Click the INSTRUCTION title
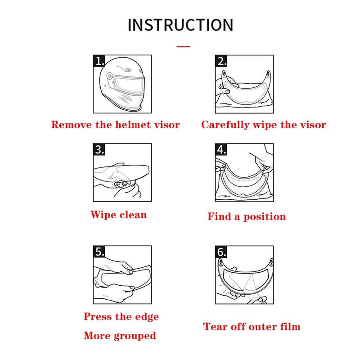coord(180,25)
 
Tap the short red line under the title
coord(184,47)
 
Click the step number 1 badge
coord(99,61)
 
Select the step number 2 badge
coord(221,61)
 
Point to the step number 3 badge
coord(99,149)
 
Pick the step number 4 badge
coord(221,149)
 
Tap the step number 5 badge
coord(99,252)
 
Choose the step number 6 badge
coord(221,252)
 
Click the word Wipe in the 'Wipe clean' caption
coord(103,215)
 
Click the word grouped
coord(135,336)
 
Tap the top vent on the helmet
coord(128,69)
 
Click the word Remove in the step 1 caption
coord(71,125)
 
